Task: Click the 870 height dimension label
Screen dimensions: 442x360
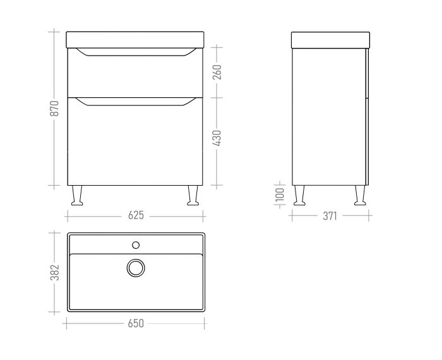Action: click(54, 108)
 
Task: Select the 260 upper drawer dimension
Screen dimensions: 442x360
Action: click(218, 72)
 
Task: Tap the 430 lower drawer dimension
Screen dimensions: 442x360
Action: click(218, 138)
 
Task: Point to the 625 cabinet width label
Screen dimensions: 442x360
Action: click(136, 215)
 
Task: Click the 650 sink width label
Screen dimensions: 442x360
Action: click(136, 323)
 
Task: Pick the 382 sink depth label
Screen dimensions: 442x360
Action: click(54, 273)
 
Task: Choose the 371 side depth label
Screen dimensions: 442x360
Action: click(330, 216)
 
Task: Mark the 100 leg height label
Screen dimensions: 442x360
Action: click(280, 195)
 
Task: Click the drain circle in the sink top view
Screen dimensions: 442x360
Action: click(136, 268)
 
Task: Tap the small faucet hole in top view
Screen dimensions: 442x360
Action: click(136, 245)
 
